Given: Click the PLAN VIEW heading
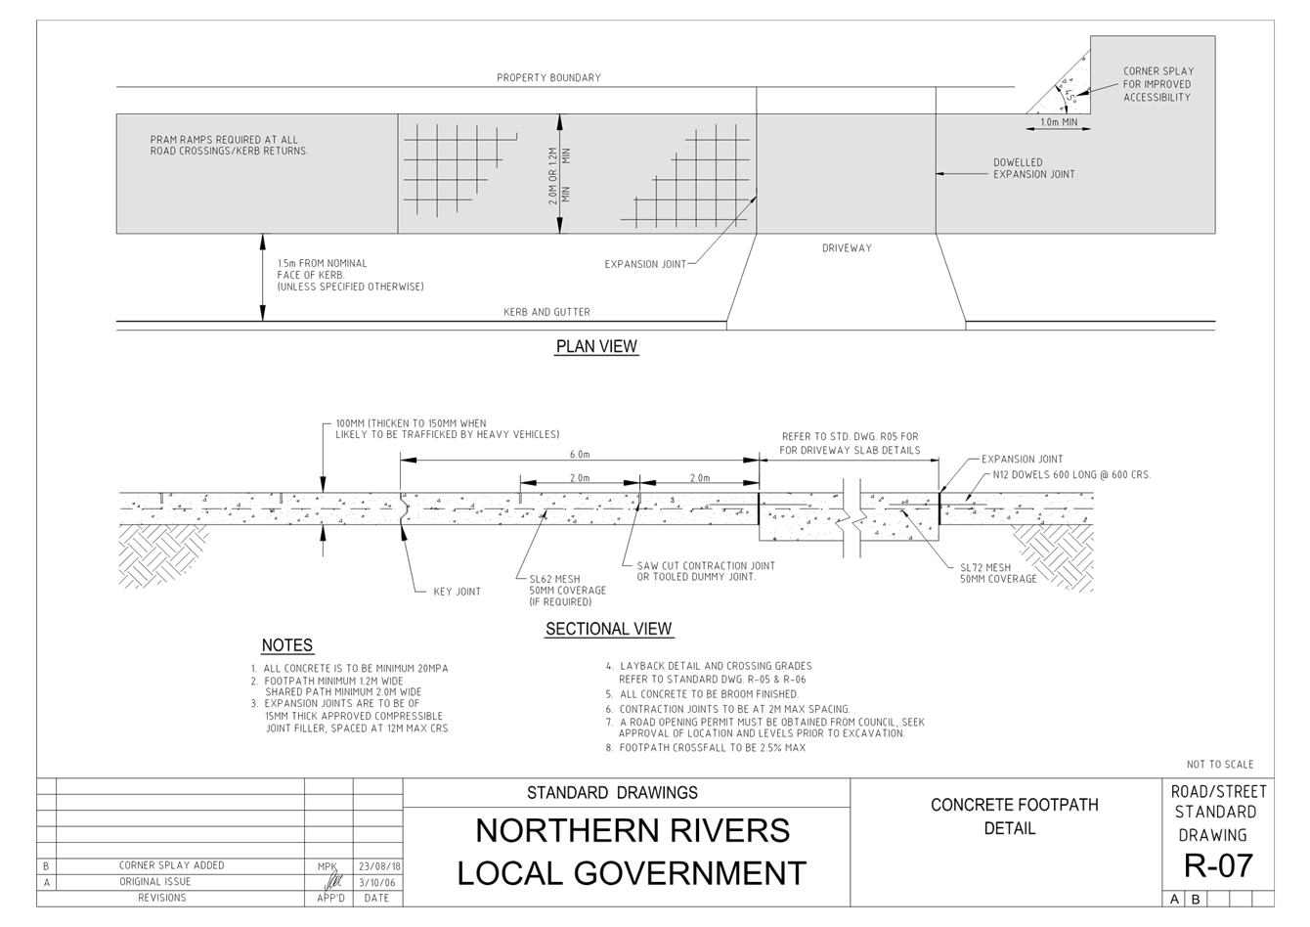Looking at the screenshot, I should click(x=596, y=346).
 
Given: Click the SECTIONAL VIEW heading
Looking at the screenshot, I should click(x=608, y=629).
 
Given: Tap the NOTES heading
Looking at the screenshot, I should click(x=286, y=645).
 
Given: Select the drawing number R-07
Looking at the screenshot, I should click(x=1217, y=865).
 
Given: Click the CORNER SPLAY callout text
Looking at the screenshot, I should click(x=1157, y=84).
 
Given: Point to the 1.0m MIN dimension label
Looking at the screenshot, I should click(x=1058, y=122).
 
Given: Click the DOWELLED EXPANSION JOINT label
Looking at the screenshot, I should click(x=1033, y=168).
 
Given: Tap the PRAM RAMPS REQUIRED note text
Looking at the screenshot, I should click(x=229, y=146).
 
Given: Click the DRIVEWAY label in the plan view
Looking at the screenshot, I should click(x=847, y=248).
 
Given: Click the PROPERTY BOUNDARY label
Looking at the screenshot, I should click(x=548, y=77).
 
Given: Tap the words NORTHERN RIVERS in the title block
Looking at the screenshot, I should click(x=632, y=830).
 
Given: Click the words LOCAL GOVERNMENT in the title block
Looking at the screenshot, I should click(x=632, y=872).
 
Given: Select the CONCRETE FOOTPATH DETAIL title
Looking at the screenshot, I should click(x=1014, y=816).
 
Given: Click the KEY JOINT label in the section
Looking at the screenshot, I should click(x=457, y=592).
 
